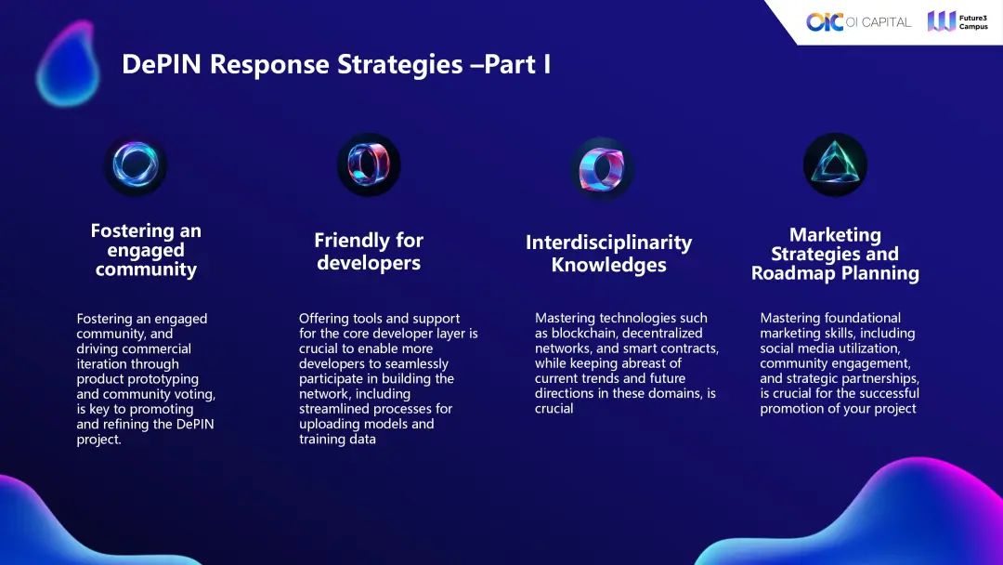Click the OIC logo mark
pos(825,21)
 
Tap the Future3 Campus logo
pos(957,21)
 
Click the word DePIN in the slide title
pos(162,64)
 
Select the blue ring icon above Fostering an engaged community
pos(136,165)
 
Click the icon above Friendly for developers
pos(369,164)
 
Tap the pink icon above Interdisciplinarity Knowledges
pos(602,169)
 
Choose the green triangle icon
pos(835,164)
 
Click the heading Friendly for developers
pos(369,252)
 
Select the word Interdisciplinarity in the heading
pos(609,243)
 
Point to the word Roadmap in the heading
pos(793,273)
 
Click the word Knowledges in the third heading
pos(609,265)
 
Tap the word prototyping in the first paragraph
pos(162,379)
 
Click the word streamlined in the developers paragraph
pos(334,408)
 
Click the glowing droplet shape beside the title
pos(67,63)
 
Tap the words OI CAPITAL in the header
pos(879,22)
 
